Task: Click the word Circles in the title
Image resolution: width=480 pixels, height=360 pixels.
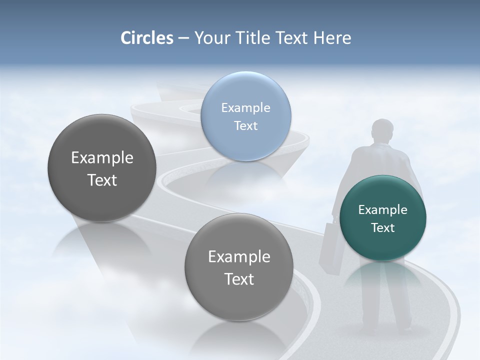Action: coord(146,38)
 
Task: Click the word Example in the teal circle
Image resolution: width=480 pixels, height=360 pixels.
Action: coord(382,210)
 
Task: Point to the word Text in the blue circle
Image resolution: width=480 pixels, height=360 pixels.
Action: coord(245,125)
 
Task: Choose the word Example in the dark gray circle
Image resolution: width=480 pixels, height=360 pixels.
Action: coord(102,158)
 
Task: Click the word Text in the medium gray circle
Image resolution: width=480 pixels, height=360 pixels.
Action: coord(239,279)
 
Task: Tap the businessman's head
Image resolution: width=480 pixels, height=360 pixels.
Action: coord(383,131)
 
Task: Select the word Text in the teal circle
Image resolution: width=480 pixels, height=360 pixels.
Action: coord(383,228)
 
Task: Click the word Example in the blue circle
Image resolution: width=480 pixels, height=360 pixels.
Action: coord(245,108)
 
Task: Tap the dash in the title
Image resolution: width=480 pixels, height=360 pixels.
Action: coord(183,38)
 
